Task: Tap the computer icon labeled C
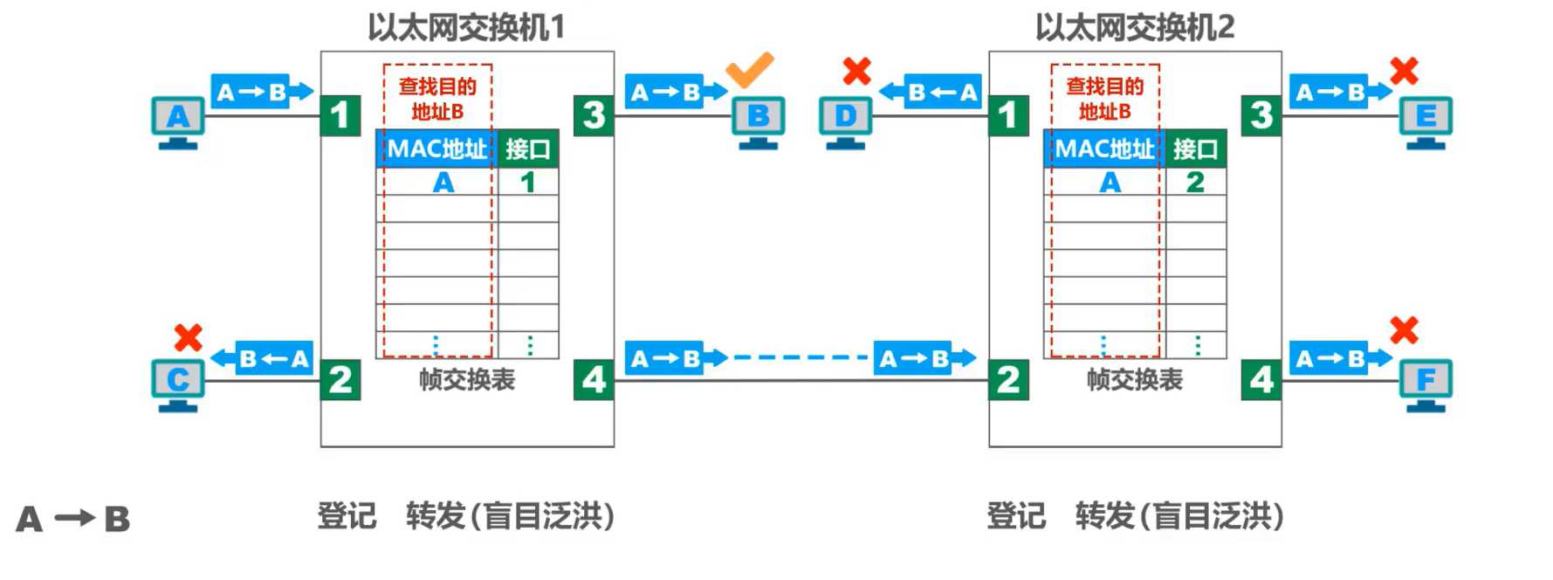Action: [x=178, y=384]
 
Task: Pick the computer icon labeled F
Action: [x=1426, y=384]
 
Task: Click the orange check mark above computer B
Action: [x=749, y=70]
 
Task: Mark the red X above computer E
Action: [x=1404, y=71]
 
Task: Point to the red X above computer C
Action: [x=188, y=337]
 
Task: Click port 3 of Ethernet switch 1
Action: [x=594, y=115]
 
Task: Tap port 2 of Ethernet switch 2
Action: [x=1008, y=380]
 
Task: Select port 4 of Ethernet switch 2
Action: [x=1261, y=380]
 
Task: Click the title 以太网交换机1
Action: [x=466, y=28]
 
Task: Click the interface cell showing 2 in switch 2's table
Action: [x=1195, y=182]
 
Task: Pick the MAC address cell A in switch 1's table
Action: [x=443, y=182]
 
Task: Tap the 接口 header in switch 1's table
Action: [x=527, y=149]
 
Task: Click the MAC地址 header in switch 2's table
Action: [x=1104, y=149]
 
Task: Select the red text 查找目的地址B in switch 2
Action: [x=1104, y=99]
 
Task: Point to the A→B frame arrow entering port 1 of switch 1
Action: [x=261, y=92]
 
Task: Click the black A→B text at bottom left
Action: [x=73, y=519]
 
